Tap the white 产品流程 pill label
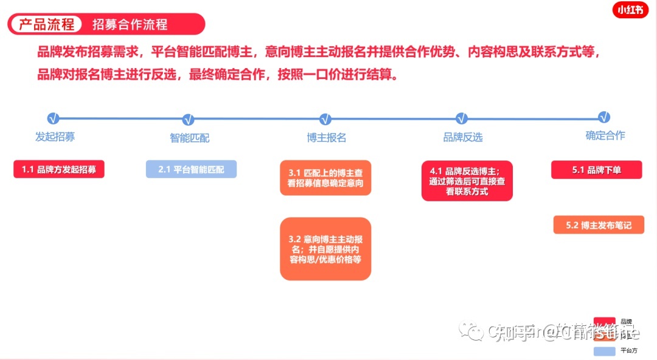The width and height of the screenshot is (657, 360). coord(46,24)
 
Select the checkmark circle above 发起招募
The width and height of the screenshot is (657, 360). coord(53,118)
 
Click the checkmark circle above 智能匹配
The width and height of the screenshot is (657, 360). coord(188,119)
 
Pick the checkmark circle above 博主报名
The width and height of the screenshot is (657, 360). coord(325,119)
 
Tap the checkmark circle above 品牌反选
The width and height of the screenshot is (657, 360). coord(462,118)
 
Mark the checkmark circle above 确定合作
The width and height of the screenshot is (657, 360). coord(604,117)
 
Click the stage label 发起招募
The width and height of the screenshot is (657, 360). coord(55,136)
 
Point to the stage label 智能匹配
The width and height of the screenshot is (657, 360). coord(189,138)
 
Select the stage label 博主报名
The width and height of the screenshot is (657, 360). coord(327,137)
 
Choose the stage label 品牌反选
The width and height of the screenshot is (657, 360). coord(463,137)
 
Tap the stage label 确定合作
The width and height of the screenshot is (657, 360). coord(605,136)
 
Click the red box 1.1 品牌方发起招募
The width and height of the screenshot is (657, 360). coord(59,170)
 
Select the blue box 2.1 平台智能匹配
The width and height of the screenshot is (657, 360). coord(191,169)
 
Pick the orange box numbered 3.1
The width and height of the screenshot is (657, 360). coord(325,178)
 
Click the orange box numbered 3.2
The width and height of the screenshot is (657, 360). coord(325,249)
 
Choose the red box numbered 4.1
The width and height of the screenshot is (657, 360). coord(467,181)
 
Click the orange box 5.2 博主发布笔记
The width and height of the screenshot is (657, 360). coord(599,225)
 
